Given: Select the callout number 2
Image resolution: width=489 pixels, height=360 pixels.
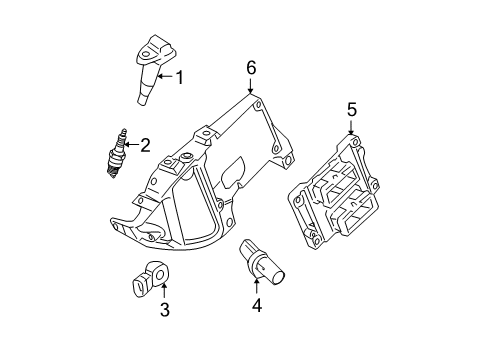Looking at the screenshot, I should pyautogui.click(x=146, y=146).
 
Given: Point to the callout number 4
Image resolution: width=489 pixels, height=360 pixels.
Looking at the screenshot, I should pyautogui.click(x=256, y=306).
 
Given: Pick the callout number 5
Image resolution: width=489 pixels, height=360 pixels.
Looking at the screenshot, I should pyautogui.click(x=351, y=110).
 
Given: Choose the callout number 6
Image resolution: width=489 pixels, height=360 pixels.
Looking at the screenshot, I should pyautogui.click(x=251, y=68).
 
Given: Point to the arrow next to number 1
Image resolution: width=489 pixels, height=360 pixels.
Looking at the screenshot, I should pyautogui.click(x=166, y=76).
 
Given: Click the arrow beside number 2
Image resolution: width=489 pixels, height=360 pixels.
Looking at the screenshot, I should pyautogui.click(x=131, y=146).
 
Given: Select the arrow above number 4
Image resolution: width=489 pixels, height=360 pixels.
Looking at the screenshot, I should pyautogui.click(x=256, y=288).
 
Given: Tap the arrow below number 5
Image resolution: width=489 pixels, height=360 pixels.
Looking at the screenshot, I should pyautogui.click(x=351, y=127).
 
